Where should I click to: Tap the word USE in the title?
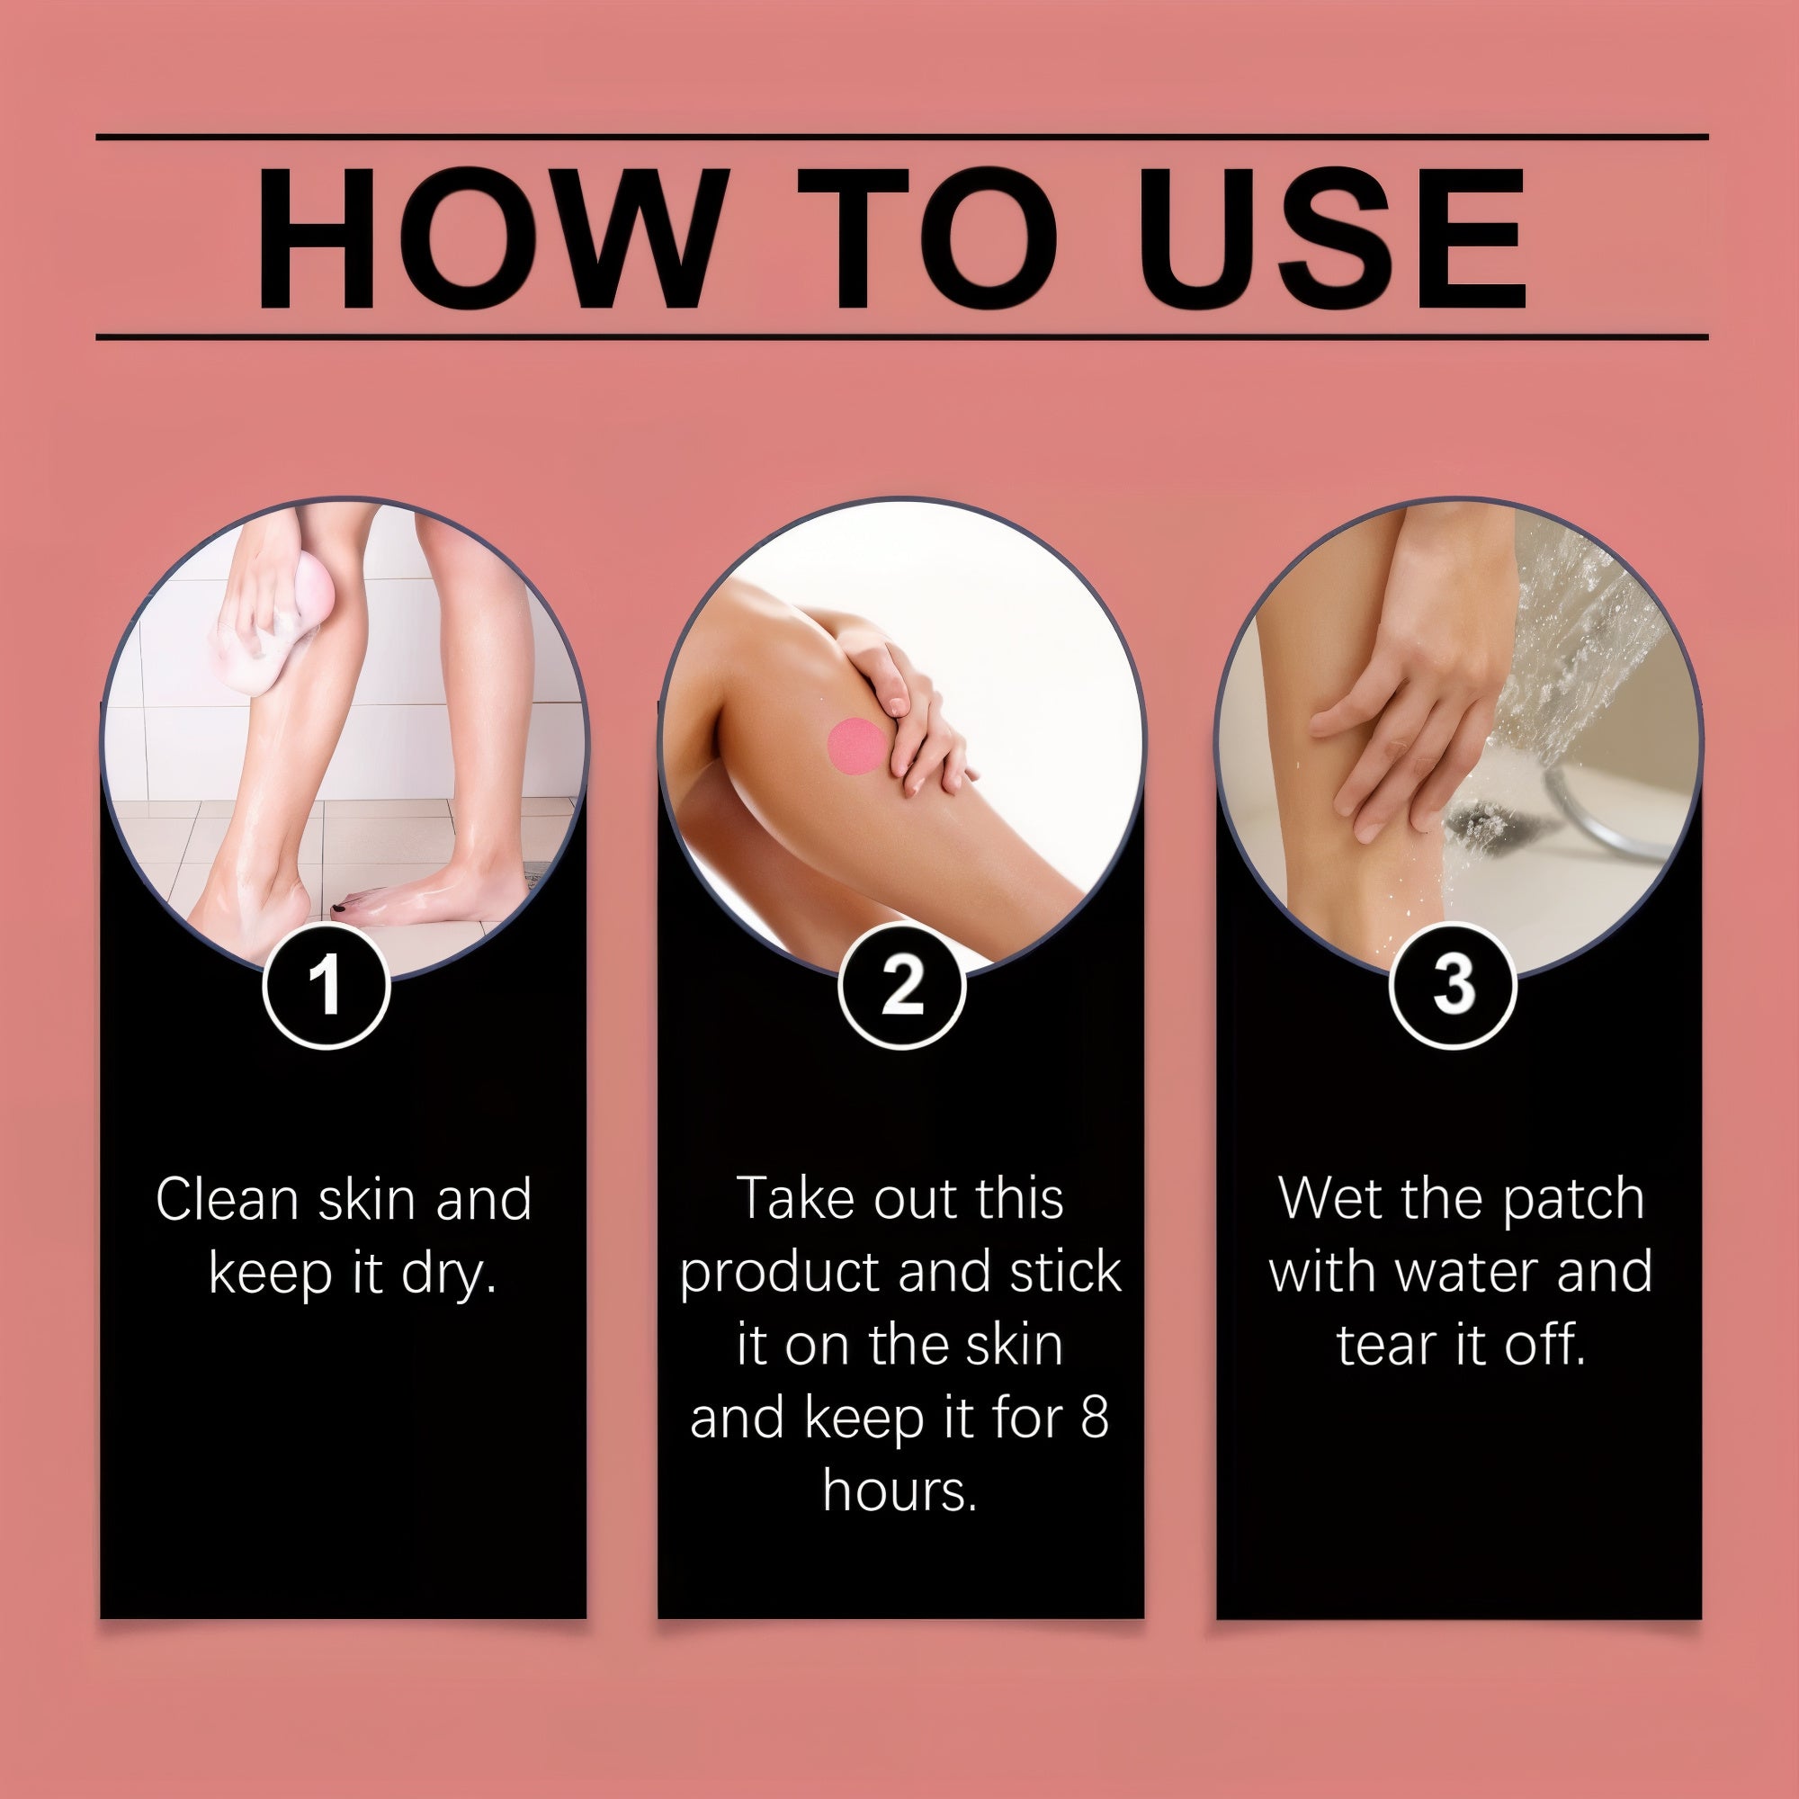pyautogui.click(x=1332, y=238)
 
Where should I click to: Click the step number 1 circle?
pyautogui.click(x=326, y=986)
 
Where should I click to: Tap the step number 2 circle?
pyautogui.click(x=901, y=986)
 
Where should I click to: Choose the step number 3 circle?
pyautogui.click(x=1453, y=986)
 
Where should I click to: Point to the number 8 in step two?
pyautogui.click(x=1095, y=1419)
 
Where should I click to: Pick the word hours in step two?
pyautogui.click(x=899, y=1491)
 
